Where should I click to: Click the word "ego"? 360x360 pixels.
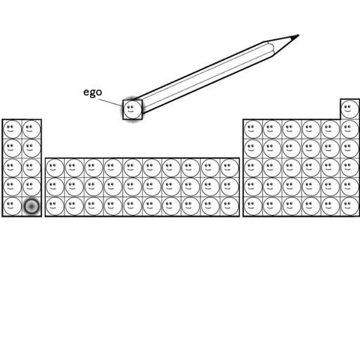point(93,92)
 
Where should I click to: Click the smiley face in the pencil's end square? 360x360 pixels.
point(132,110)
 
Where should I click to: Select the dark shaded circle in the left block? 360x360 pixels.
point(32,206)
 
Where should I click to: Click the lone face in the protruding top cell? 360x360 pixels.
point(349,110)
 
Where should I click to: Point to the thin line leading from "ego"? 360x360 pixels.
point(111,103)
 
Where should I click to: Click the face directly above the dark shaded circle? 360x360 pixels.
point(32,187)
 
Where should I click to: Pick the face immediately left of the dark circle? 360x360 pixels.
point(13,206)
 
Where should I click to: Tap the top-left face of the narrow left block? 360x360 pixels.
point(13,129)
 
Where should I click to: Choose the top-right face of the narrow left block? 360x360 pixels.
point(32,129)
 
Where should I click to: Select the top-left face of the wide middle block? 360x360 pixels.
point(55,167)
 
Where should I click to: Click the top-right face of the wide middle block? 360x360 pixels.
point(230,167)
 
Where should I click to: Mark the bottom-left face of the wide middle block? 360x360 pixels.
point(55,206)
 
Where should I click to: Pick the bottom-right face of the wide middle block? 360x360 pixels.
point(230,206)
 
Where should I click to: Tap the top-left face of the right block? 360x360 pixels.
point(253,129)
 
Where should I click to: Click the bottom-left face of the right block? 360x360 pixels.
point(253,206)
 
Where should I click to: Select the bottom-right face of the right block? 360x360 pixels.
point(349,206)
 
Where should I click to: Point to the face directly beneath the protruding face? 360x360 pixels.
point(349,129)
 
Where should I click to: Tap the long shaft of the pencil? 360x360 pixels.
point(202,77)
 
